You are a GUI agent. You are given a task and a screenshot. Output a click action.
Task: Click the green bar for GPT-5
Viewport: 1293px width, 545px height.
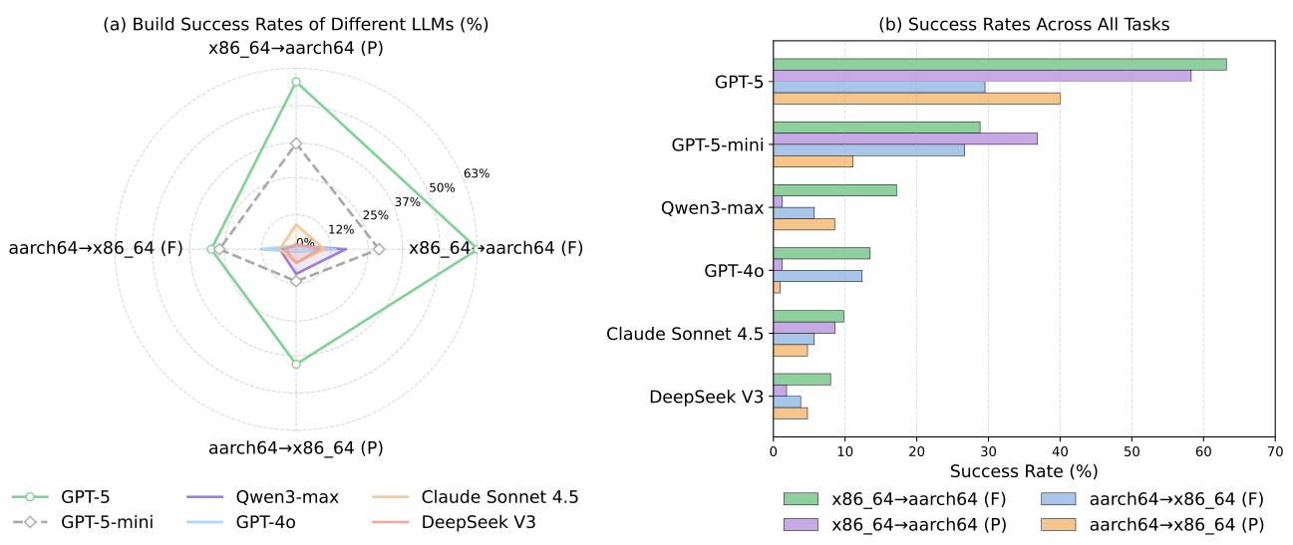(999, 64)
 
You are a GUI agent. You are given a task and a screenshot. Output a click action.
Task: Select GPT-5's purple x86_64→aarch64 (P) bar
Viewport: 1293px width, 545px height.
(982, 76)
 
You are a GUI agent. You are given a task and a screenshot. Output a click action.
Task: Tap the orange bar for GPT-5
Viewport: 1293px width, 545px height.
(916, 99)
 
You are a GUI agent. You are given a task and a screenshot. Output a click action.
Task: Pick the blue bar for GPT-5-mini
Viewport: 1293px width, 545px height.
(868, 150)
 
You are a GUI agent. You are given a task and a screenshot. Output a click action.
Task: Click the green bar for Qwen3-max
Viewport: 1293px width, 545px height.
(834, 189)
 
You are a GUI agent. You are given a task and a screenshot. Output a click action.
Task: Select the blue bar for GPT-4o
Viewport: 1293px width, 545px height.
(817, 275)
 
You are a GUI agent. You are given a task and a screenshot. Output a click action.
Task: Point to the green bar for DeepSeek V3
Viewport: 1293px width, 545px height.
(802, 379)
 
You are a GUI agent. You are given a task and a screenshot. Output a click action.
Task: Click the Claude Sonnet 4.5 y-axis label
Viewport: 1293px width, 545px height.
(685, 333)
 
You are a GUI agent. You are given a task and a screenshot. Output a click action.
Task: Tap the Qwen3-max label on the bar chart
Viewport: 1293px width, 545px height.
(712, 207)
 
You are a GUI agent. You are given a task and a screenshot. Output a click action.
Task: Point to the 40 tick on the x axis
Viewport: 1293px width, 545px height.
(1060, 452)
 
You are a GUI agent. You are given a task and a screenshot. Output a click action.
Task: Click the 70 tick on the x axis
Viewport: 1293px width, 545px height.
(1274, 452)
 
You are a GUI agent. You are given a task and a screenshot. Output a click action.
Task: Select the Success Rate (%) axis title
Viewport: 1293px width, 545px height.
(1023, 470)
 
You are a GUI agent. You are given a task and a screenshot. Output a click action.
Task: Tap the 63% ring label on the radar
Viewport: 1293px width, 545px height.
(477, 173)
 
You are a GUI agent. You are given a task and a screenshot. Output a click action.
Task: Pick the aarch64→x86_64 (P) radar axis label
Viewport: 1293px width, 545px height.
(295, 448)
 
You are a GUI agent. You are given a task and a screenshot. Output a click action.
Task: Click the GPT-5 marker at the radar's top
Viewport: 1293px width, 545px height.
(295, 82)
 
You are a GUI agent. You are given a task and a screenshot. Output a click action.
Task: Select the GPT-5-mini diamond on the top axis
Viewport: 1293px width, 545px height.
(295, 143)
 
